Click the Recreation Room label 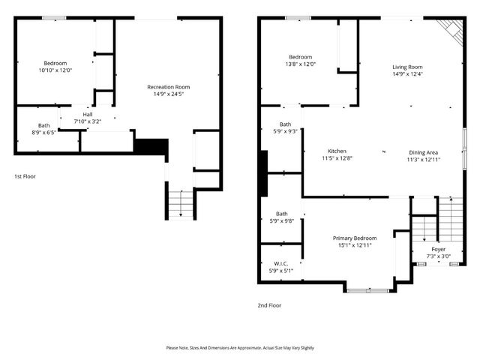(x=168, y=87)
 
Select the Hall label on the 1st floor (x=87, y=115)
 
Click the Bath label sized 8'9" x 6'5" (x=44, y=126)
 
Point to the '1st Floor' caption (x=25, y=176)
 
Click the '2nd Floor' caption (x=269, y=305)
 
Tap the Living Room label (x=407, y=67)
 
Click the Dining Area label (x=424, y=151)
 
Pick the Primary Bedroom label (x=355, y=238)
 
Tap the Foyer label (x=438, y=249)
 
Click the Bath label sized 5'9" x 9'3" (x=285, y=124)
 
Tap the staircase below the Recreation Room (x=179, y=204)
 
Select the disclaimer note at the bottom (x=240, y=348)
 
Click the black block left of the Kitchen (x=262, y=173)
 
